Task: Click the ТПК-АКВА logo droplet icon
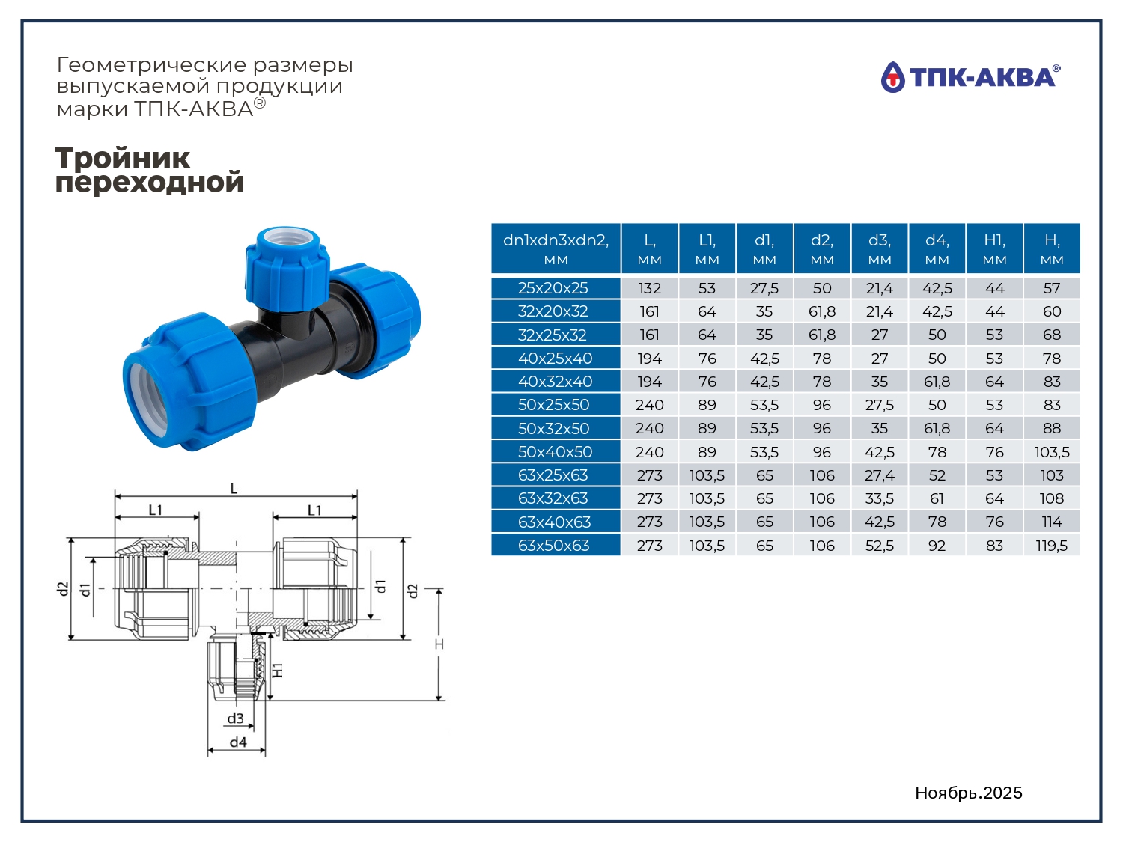click(x=892, y=78)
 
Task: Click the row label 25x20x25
click(x=553, y=288)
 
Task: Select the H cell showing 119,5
click(x=1051, y=546)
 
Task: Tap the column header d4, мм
click(x=937, y=248)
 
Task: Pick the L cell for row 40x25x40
click(x=649, y=359)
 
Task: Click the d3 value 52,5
click(x=880, y=546)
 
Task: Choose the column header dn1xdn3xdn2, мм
click(x=556, y=248)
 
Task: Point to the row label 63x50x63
click(x=553, y=546)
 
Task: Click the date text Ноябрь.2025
click(x=969, y=793)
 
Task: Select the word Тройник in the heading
click(x=122, y=157)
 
